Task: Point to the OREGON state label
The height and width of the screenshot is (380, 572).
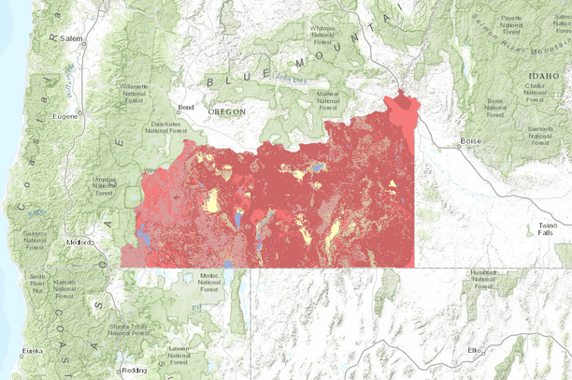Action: (227, 110)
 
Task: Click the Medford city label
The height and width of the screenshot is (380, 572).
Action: (80, 243)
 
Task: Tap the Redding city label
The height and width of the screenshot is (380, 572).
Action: (134, 370)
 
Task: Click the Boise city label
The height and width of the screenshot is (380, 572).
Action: (468, 142)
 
